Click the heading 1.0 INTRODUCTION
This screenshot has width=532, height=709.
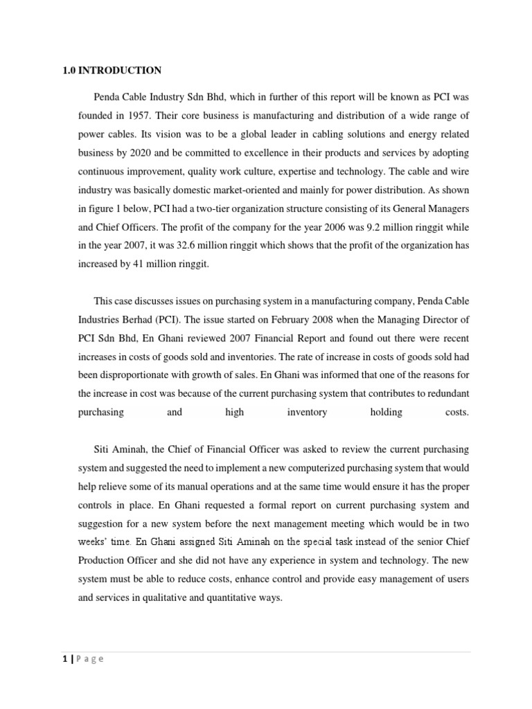pyautogui.click(x=112, y=70)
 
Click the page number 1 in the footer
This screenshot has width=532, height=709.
pyautogui.click(x=64, y=659)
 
